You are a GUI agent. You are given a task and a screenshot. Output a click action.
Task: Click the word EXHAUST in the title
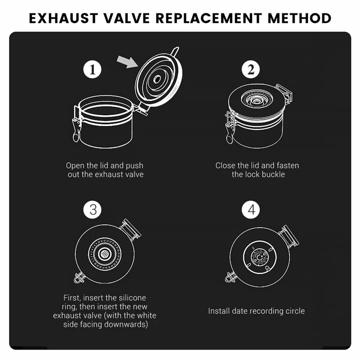(x=63, y=18)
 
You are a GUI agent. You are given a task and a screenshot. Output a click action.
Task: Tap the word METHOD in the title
(x=299, y=18)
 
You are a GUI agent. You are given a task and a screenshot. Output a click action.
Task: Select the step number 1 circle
(x=92, y=69)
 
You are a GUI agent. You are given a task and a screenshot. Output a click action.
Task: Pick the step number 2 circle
(x=251, y=69)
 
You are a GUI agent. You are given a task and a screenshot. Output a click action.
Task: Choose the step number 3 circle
(x=92, y=210)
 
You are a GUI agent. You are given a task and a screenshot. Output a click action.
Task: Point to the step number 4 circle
(x=251, y=210)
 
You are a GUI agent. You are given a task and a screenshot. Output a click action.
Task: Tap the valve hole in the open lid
(x=157, y=80)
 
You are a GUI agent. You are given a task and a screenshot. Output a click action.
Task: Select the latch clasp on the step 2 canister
(x=230, y=128)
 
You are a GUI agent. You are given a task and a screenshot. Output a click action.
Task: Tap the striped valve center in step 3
(x=105, y=254)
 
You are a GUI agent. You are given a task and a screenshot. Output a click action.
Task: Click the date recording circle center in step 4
(x=260, y=257)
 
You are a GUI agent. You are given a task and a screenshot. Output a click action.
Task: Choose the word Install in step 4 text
(x=219, y=311)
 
